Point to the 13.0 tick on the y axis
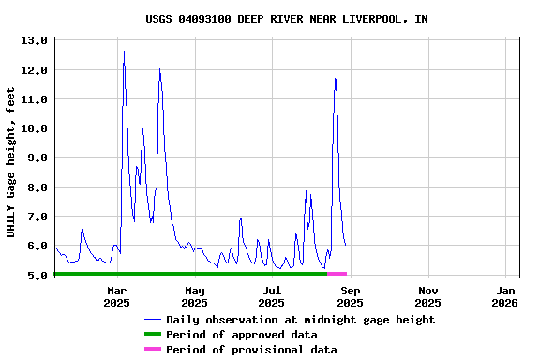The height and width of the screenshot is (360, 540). [x=34, y=41]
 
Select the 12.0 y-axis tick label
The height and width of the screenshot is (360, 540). [x=34, y=70]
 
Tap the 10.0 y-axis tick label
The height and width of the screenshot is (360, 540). [x=34, y=128]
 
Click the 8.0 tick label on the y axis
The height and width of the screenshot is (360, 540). [x=34, y=187]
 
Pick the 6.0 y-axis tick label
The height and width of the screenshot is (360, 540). [x=34, y=247]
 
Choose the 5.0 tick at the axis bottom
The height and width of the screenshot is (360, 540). [x=34, y=276]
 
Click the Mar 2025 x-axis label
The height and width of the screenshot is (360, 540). [x=117, y=296]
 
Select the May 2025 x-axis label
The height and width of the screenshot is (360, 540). [x=194, y=296]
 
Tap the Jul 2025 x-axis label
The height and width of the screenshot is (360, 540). [x=272, y=296]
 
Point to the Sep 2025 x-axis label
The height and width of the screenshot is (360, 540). [x=350, y=296]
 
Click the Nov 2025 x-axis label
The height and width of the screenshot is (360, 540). [x=427, y=296]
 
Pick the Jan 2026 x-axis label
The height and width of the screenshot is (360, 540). [x=504, y=296]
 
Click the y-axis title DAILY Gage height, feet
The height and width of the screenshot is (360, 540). [x=11, y=161]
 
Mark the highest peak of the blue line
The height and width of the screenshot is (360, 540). [x=124, y=52]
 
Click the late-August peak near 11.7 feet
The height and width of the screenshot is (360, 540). [x=335, y=79]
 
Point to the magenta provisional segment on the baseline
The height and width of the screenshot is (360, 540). [x=337, y=273]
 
